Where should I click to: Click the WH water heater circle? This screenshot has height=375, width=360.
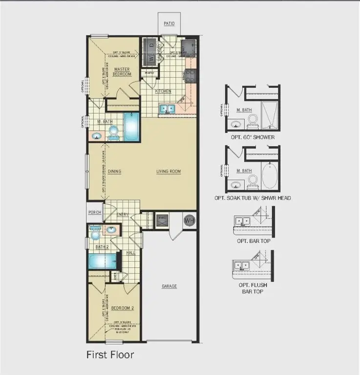coord(189,220)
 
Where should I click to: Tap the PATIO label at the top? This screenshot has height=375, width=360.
coord(169,23)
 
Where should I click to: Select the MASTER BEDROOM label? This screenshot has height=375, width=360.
coord(122,72)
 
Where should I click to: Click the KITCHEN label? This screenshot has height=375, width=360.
coord(163,91)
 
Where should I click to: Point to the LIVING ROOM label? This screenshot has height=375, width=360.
coord(169,171)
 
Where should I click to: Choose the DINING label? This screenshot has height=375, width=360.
coord(114,171)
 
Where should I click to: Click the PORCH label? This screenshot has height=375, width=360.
coord(94,212)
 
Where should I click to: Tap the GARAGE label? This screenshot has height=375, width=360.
coord(169,286)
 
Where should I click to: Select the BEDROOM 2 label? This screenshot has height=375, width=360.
coord(119,308)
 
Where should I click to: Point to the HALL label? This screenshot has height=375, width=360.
coord(130,252)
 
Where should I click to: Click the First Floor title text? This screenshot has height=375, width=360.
coord(110,354)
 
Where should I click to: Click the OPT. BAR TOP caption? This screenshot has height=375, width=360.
coord(253,241)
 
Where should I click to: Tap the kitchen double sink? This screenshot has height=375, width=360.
coord(167,109)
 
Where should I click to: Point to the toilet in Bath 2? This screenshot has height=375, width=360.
coord(94,235)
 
